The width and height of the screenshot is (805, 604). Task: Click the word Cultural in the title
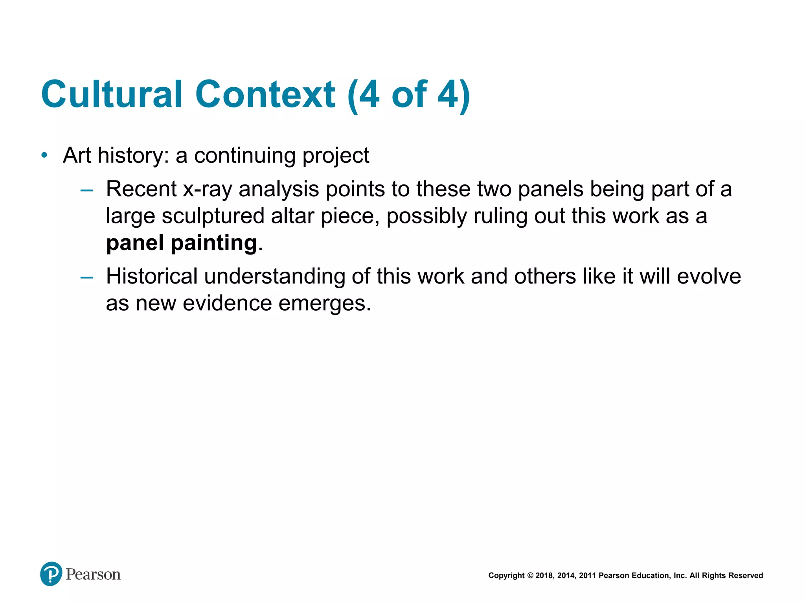pyautogui.click(x=112, y=94)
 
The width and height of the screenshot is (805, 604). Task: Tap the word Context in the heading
pyautogui.click(x=265, y=94)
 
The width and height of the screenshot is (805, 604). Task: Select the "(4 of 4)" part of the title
pyautogui.click(x=409, y=94)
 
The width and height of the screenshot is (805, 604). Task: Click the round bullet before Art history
pyautogui.click(x=44, y=156)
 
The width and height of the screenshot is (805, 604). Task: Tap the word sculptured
pyautogui.click(x=213, y=216)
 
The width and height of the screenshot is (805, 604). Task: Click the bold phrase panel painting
pyautogui.click(x=182, y=243)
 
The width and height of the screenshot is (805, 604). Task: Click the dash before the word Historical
pyautogui.click(x=86, y=278)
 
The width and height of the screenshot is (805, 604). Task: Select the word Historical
pyautogui.click(x=152, y=276)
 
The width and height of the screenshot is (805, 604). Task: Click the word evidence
pyautogui.click(x=227, y=304)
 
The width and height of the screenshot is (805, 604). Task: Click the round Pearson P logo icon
pyautogui.click(x=51, y=574)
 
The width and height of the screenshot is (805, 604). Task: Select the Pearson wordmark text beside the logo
pyautogui.click(x=93, y=575)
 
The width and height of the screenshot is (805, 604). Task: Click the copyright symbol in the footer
pyautogui.click(x=530, y=576)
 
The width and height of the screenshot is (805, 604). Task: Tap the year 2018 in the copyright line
pyautogui.click(x=544, y=576)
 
